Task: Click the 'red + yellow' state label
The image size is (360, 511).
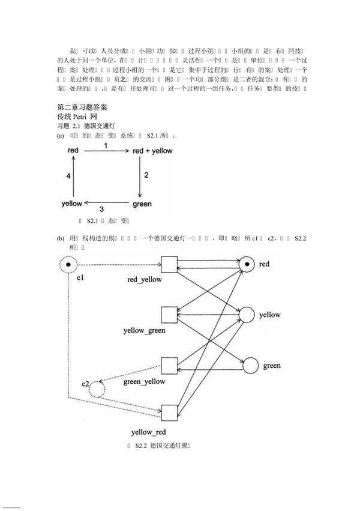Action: pos(152,151)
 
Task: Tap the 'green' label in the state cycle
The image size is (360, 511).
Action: pos(142,204)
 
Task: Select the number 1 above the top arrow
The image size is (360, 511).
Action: pos(106,145)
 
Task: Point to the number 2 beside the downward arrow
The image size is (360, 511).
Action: pos(145,177)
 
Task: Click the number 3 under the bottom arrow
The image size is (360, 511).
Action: pos(101,209)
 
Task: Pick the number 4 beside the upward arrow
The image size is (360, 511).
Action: pos(68,177)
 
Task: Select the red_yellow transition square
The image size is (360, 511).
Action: pos(170,264)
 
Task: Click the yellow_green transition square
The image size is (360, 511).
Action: pos(170,314)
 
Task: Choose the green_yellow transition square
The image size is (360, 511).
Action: pos(170,365)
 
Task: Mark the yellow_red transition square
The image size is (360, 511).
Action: pos(170,413)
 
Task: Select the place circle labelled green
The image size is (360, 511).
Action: pos(251,366)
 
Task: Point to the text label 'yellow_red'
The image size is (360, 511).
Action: pos(148,432)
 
